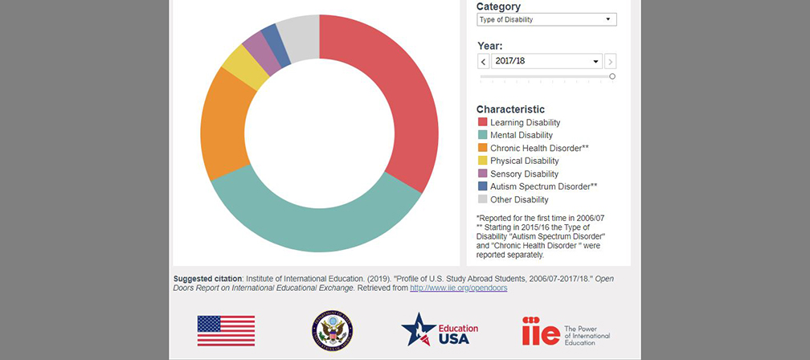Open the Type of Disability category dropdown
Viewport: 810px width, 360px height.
click(546, 19)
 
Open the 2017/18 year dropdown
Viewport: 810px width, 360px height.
click(546, 61)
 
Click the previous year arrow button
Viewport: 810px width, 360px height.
click(483, 62)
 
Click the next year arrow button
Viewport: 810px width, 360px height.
click(611, 62)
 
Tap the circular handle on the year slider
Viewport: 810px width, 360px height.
click(612, 76)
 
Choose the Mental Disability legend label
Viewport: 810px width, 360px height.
click(522, 135)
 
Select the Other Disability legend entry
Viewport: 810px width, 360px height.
click(519, 199)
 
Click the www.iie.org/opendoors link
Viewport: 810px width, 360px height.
click(458, 288)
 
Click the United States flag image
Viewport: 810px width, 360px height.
click(226, 330)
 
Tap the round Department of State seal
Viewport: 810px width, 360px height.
click(332, 330)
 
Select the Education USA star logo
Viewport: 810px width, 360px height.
click(439, 329)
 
